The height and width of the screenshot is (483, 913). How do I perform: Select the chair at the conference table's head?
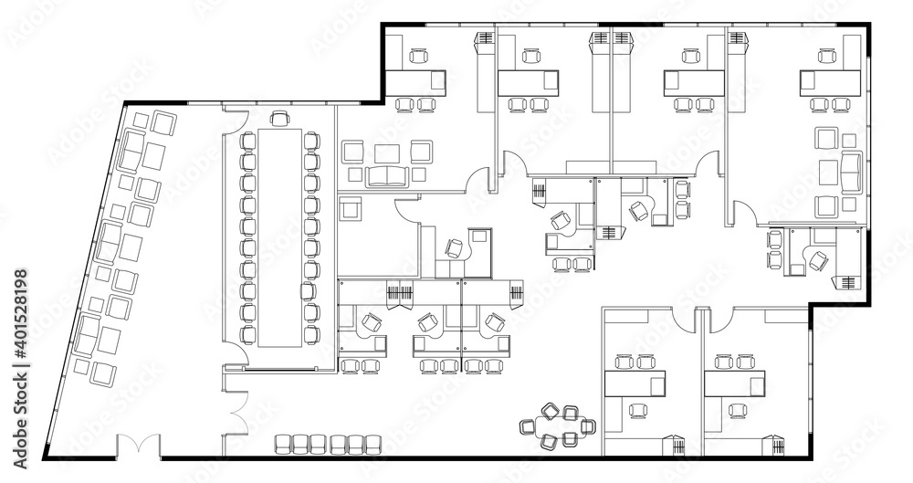pyautogui.click(x=279, y=118)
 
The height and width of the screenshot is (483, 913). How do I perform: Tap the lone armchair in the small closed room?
pyautogui.click(x=350, y=209)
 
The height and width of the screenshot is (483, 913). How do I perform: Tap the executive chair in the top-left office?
pyautogui.click(x=420, y=57)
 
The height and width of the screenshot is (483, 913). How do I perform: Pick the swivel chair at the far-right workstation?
pyautogui.click(x=818, y=260)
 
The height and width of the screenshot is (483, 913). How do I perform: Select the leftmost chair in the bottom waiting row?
pyautogui.click(x=282, y=445)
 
